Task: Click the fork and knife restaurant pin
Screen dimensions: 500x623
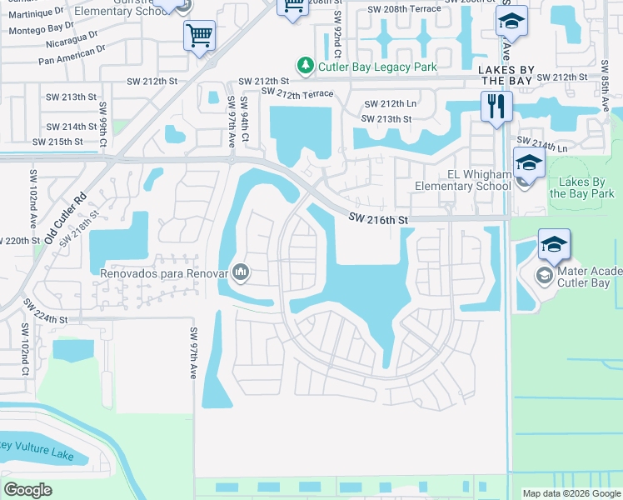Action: [x=496, y=107]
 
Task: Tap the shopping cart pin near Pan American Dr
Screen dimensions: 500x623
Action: [x=199, y=36]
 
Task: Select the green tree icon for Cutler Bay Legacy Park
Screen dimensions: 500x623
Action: [x=306, y=65]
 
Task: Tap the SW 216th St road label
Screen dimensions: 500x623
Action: [x=378, y=219]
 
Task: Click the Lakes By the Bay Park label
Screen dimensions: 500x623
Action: [x=582, y=187]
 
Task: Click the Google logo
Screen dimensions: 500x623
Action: [x=27, y=489]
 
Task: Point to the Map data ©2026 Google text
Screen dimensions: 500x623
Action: [x=571, y=493]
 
